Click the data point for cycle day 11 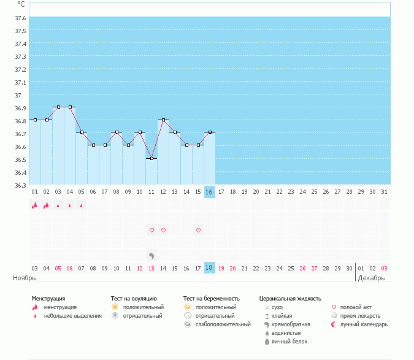pyautogui.click(x=151, y=158)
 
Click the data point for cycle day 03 pyautogui.click(x=58, y=107)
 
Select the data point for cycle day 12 pyautogui.click(x=163, y=120)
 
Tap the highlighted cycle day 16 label pyautogui.click(x=209, y=192)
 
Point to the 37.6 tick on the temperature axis pyautogui.click(x=20, y=18)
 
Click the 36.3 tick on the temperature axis pyautogui.click(x=20, y=185)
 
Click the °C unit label pyautogui.click(x=21, y=4)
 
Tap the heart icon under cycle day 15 pyautogui.click(x=198, y=230)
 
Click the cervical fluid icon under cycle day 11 pyautogui.click(x=151, y=255)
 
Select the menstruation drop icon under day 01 pyautogui.click(x=35, y=205)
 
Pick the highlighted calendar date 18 pyautogui.click(x=209, y=268)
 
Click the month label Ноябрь pyautogui.click(x=25, y=278)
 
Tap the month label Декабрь pyautogui.click(x=372, y=278)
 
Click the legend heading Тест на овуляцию pyautogui.click(x=134, y=299)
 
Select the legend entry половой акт pyautogui.click(x=356, y=307)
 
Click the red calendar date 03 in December pyautogui.click(x=384, y=268)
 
